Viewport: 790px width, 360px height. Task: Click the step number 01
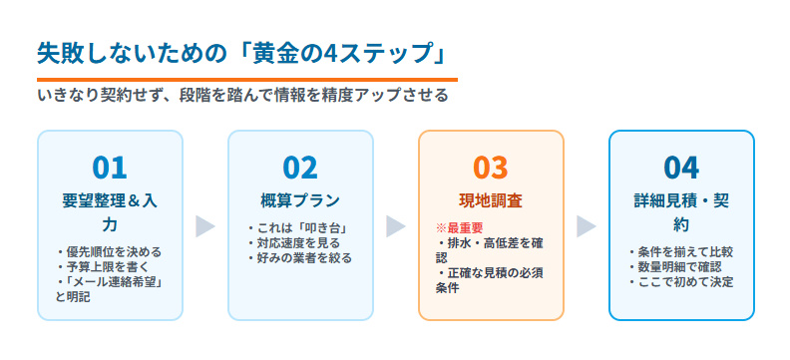(x=110, y=167)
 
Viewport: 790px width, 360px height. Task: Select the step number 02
(x=300, y=167)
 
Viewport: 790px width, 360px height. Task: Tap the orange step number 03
(x=491, y=167)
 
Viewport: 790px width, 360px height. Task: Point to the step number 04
(x=681, y=167)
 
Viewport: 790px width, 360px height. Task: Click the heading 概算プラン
(x=300, y=199)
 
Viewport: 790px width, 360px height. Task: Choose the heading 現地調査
(x=491, y=199)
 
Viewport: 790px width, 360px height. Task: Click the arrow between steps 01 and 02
(x=204, y=226)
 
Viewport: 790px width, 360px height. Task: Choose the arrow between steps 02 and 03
(x=395, y=226)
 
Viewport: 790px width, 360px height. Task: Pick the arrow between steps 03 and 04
(x=586, y=226)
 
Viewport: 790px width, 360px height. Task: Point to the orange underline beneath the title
(x=246, y=79)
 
